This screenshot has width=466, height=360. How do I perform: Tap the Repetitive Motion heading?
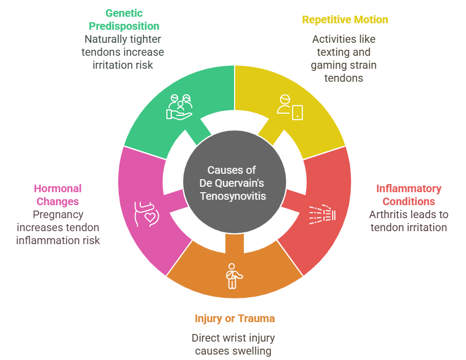345,20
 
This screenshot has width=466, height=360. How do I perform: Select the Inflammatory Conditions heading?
409,195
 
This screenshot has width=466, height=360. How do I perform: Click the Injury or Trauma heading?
235,318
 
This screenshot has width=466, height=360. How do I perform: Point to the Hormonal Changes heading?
57,195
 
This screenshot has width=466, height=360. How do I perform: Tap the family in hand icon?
180,107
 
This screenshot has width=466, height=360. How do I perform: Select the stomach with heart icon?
145,213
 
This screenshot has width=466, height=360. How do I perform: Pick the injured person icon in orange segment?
234,276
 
